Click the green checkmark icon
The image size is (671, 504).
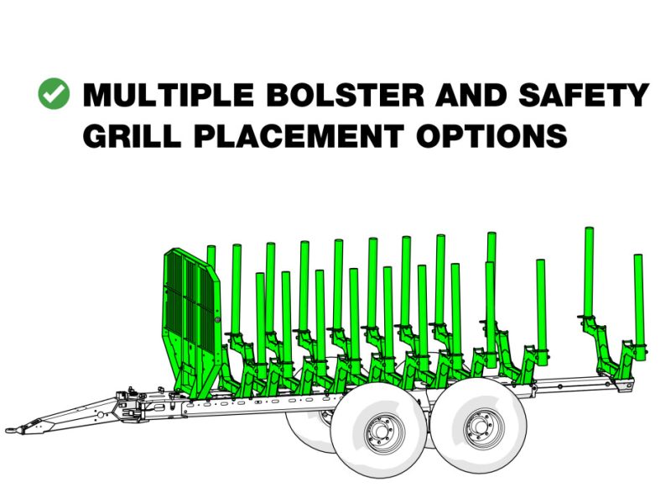coord(54,93)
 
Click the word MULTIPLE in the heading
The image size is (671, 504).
coord(169,95)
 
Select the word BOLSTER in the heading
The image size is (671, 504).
coord(346,95)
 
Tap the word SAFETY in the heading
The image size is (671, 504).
coord(584,95)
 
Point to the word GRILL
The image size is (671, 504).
coord(132,135)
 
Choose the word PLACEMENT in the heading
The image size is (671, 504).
coord(299,135)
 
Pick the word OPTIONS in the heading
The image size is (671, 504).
coord(492,135)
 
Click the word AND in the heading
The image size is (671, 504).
coord(471,95)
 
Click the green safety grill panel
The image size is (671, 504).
coord(191,300)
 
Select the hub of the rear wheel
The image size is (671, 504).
coord(484,428)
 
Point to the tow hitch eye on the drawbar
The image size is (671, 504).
coord(12,428)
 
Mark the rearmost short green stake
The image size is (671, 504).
coord(639,307)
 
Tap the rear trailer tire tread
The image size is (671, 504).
coord(478,426)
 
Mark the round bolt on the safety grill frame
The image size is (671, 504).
coord(218,320)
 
